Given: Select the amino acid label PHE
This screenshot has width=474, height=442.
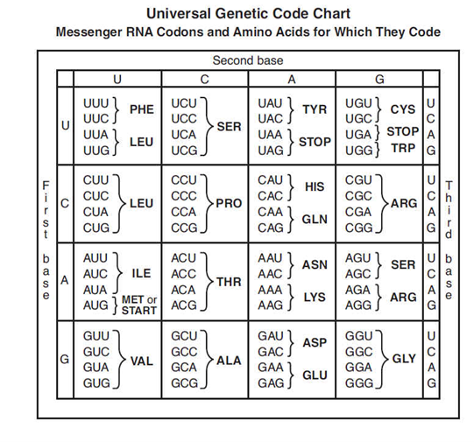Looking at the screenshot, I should [x=141, y=109].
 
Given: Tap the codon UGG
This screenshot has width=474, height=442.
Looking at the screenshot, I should [x=360, y=148].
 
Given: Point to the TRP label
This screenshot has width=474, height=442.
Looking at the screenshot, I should [x=403, y=148].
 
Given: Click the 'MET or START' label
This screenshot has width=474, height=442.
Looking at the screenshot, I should [x=138, y=305].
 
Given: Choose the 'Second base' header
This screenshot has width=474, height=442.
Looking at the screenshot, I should [x=248, y=60].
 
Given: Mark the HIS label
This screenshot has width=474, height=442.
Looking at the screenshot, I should [x=315, y=187].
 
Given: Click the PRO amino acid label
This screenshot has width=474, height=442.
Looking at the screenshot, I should [x=229, y=203].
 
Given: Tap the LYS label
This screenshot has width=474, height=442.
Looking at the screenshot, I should [x=315, y=298].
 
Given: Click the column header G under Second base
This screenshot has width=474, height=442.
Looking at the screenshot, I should [x=378, y=79].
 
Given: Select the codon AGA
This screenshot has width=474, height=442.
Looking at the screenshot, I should [x=360, y=290].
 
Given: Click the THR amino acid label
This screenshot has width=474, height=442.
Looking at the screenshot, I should [x=229, y=281].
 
